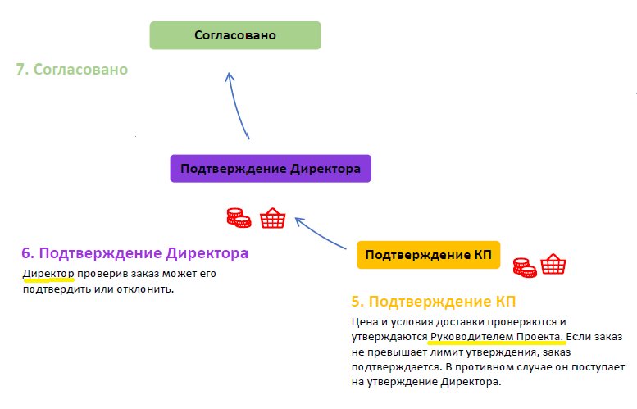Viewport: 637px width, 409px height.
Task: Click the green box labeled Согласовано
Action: point(235,35)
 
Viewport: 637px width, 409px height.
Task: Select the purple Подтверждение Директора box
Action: point(271,169)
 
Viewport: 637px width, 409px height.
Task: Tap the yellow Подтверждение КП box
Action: point(428,255)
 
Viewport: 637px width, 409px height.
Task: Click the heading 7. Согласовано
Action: point(72,70)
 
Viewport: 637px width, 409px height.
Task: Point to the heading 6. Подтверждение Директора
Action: point(135,253)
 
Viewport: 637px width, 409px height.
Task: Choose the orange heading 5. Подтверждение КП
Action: point(434,302)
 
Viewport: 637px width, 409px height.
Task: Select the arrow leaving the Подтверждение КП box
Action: point(320,232)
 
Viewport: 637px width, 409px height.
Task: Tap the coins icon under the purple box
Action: point(239,218)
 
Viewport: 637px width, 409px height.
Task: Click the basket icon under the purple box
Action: point(273,218)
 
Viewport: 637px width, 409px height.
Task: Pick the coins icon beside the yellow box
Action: point(525,268)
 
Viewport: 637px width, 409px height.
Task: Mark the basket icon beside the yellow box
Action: point(553,265)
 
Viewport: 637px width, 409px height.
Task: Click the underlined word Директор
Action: point(48,274)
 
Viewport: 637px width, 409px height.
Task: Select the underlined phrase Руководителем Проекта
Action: point(497,337)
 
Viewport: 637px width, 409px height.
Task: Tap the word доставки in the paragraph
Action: point(460,322)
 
